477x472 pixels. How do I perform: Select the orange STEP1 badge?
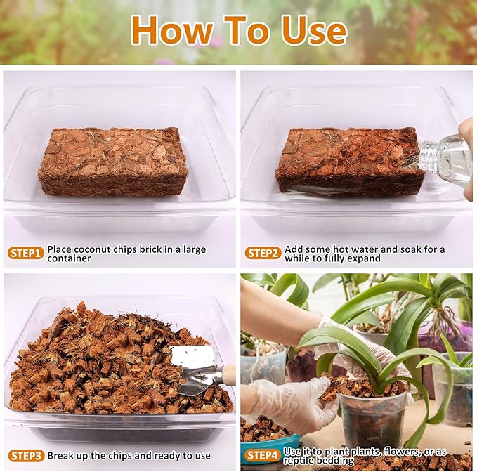click(x=26, y=253)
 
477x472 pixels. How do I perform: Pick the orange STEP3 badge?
click(x=26, y=455)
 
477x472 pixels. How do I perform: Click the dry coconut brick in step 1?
click(x=112, y=161)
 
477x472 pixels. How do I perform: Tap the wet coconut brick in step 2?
click(x=348, y=161)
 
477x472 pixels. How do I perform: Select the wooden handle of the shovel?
click(x=229, y=374)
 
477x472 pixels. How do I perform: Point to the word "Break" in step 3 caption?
click(x=63, y=455)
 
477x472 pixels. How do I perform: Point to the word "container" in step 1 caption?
click(x=70, y=258)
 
